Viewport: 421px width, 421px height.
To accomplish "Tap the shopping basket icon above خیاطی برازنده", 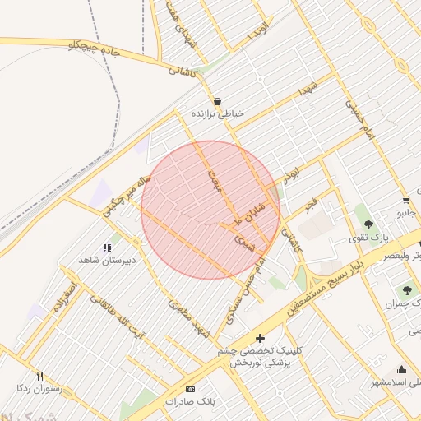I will [x=216, y=101].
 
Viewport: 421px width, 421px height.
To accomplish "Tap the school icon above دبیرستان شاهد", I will [x=106, y=248].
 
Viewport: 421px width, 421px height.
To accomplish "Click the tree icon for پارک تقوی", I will [x=368, y=224].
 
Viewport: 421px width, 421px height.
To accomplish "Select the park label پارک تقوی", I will [x=368, y=238].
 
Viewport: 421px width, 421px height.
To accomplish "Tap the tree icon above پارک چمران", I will [x=407, y=290].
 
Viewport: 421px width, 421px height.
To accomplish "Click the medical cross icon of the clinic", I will [x=261, y=337].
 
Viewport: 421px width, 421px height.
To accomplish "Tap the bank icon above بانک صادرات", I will [x=191, y=389].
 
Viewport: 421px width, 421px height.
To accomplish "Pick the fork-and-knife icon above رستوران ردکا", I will [x=39, y=375].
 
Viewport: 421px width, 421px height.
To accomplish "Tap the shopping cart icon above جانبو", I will [x=406, y=200].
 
